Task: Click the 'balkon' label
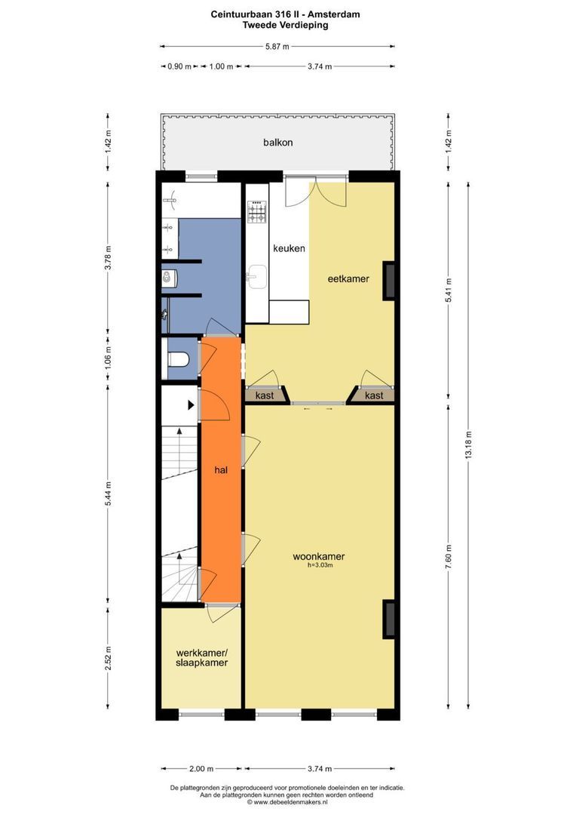pos(277,142)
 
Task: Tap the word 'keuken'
pos(289,248)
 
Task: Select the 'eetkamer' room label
pos(348,278)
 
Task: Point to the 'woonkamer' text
pos(319,557)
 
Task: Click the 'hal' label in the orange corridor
pos(221,469)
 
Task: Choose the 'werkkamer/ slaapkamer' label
pos(201,657)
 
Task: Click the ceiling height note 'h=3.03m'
pos(319,566)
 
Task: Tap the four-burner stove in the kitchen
pos(257,212)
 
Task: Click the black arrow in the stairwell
pos(191,405)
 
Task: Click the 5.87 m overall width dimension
pos(277,46)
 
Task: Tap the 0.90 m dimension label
pos(179,66)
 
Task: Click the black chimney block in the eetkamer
pos(389,280)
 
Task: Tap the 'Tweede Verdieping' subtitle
pos(285,24)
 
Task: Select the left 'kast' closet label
pos(264,395)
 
